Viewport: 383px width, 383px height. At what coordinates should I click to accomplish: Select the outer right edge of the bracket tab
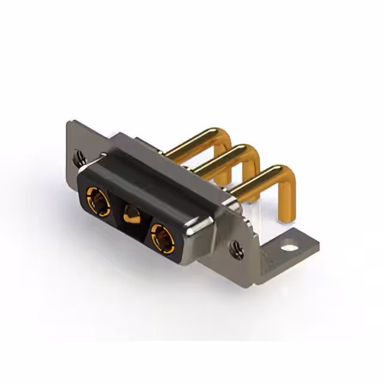(316, 242)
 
